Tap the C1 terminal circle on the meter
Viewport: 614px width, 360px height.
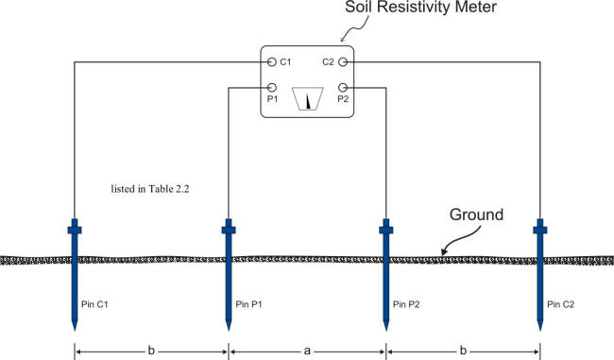271,62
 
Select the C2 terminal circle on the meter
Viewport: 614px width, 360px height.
344,62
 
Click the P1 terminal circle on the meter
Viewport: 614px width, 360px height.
271,87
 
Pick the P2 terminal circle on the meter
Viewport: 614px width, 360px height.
344,87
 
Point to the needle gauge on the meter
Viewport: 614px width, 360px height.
308,99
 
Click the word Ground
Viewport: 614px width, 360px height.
482,216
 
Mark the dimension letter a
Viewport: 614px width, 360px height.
307,350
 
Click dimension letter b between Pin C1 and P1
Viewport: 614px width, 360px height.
151,350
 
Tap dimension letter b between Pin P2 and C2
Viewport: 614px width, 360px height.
463,350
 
